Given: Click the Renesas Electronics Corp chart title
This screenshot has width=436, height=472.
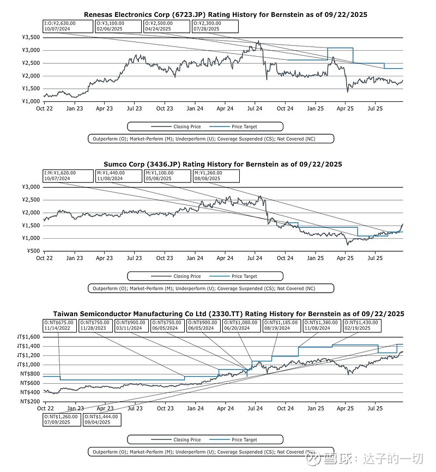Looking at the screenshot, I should (x=225, y=15).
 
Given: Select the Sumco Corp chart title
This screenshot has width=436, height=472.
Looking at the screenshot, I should (x=223, y=164).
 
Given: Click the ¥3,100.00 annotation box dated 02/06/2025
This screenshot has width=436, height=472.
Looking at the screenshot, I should (x=118, y=27).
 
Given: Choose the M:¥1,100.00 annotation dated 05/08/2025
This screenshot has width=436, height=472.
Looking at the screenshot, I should (x=167, y=176).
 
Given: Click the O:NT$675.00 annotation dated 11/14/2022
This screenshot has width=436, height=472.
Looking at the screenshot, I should (x=60, y=325).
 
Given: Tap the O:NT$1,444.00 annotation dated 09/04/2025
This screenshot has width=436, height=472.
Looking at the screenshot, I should (x=102, y=419).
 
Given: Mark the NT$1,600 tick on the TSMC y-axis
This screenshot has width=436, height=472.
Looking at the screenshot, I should (x=28, y=336).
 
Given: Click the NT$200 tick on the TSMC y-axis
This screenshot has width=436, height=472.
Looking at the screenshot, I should (x=30, y=402).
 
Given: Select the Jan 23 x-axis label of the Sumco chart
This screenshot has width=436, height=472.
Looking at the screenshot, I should (x=75, y=258).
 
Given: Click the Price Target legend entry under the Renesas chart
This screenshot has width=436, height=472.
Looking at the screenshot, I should (x=244, y=126).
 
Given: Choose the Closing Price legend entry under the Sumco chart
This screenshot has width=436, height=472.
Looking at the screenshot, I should (x=187, y=276).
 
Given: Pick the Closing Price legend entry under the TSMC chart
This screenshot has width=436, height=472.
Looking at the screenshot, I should (x=187, y=440).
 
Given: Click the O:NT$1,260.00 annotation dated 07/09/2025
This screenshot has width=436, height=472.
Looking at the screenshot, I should (x=62, y=419).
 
